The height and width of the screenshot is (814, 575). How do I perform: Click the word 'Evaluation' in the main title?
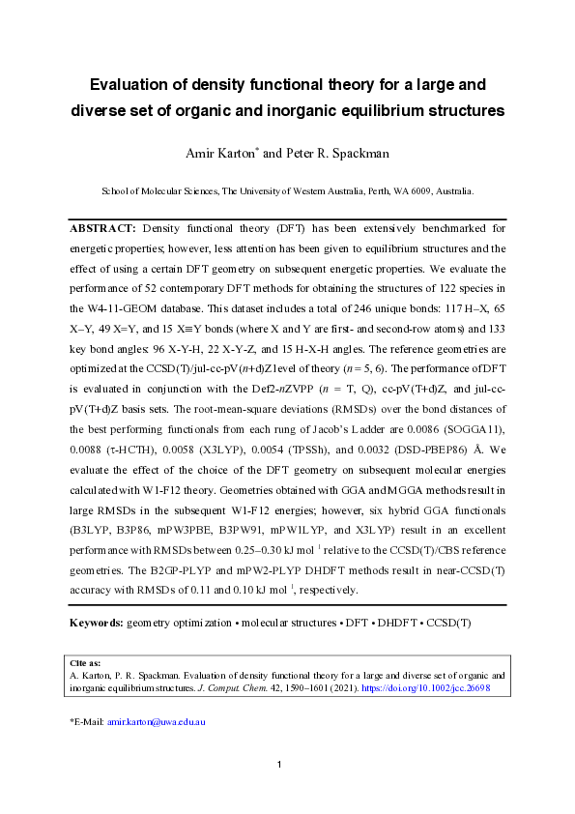(132, 83)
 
